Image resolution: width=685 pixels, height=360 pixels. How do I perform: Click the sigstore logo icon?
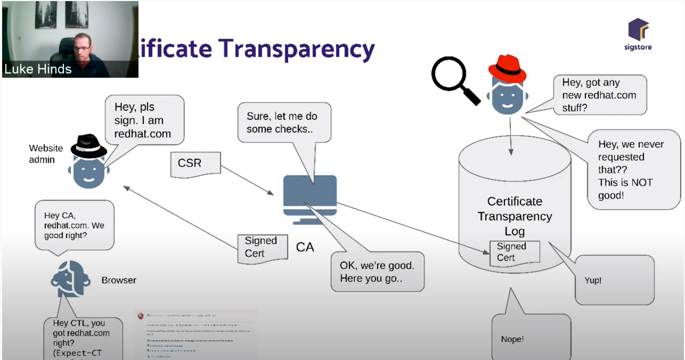click(638, 29)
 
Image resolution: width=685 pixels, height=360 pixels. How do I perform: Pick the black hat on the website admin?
click(89, 146)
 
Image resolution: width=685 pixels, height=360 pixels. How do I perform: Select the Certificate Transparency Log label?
click(515, 216)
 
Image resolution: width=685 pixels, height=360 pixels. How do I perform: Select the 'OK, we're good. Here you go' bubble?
click(377, 271)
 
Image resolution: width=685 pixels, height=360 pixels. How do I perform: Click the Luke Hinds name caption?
click(38, 69)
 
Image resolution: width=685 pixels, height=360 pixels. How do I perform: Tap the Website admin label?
click(46, 154)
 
